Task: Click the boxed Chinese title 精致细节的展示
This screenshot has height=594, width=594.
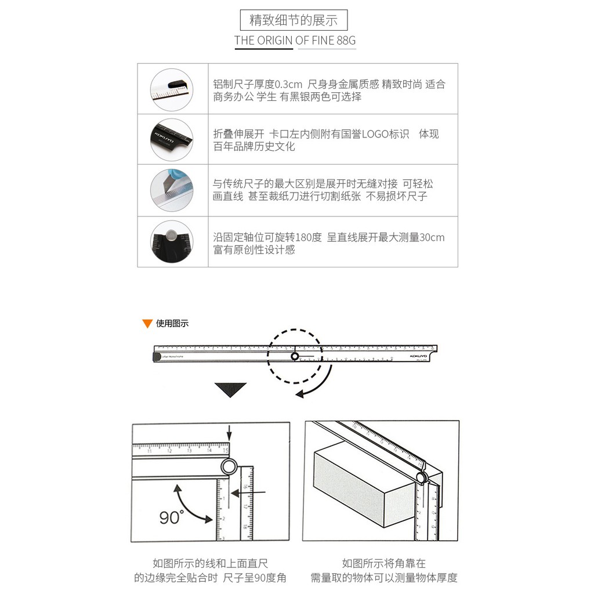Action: [294, 20]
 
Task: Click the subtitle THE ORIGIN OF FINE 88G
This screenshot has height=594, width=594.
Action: [295, 40]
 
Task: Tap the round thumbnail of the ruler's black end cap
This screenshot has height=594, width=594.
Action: [172, 90]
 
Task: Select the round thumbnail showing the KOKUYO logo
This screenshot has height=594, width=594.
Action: [172, 139]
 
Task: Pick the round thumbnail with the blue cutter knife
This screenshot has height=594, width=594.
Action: [172, 190]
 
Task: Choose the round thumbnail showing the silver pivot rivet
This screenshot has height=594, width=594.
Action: [172, 241]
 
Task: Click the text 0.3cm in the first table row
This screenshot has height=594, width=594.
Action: [288, 84]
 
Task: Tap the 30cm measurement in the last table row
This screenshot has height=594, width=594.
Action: [432, 237]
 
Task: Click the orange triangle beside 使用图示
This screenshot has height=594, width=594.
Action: [147, 324]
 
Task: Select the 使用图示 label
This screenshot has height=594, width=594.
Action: [172, 324]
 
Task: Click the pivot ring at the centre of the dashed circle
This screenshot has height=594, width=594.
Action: [294, 356]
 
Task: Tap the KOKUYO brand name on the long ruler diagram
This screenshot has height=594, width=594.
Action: [418, 356]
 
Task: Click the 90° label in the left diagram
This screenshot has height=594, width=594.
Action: [172, 517]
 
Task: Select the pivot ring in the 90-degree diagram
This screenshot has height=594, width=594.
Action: [229, 466]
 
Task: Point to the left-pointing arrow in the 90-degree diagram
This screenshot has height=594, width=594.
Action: [248, 493]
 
